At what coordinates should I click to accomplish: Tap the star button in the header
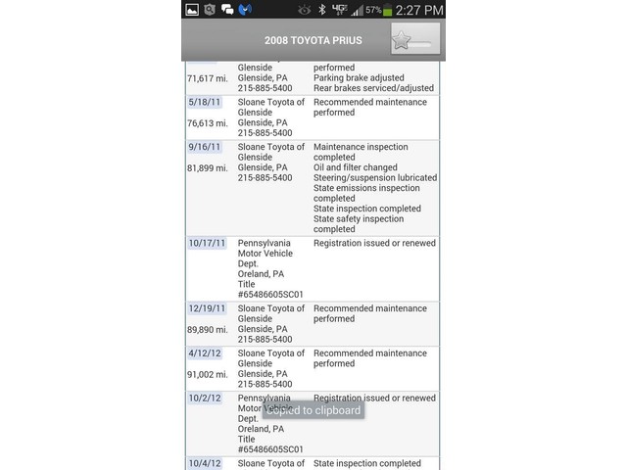[x=414, y=40]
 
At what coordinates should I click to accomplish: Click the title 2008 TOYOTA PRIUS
[x=313, y=41]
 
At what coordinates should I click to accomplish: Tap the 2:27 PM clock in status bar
[x=419, y=10]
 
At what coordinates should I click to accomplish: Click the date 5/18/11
[x=204, y=102]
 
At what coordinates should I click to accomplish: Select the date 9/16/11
[x=204, y=147]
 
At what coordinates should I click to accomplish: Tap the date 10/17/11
[x=207, y=243]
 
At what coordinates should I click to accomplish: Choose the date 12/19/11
[x=207, y=308]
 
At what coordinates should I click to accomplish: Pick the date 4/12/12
[x=204, y=353]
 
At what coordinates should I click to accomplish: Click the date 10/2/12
[x=204, y=399]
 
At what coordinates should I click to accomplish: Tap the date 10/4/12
[x=204, y=463]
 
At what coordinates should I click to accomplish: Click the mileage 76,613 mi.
[x=208, y=123]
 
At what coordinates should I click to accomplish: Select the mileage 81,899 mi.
[x=208, y=168]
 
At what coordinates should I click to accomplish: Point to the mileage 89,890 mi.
[x=208, y=330]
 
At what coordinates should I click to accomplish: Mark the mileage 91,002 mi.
[x=208, y=374]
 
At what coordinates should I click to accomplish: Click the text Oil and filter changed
[x=356, y=167]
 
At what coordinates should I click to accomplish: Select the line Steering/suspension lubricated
[x=375, y=178]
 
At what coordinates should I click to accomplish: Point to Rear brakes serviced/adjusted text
[x=373, y=88]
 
